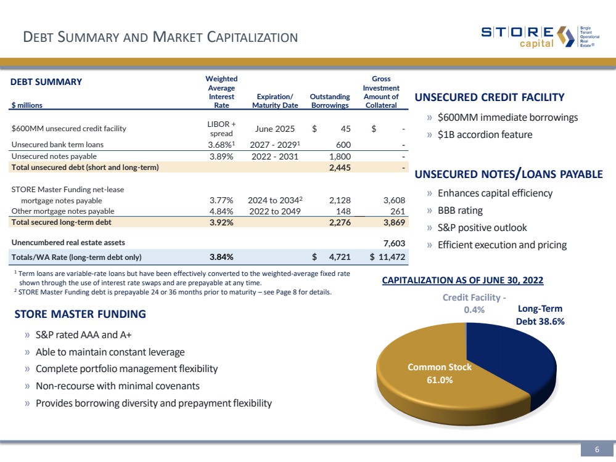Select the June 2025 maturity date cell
[274, 129]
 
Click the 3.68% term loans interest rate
[221, 145]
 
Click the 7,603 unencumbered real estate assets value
[394, 243]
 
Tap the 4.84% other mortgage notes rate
[221, 211]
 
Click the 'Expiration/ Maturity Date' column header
[275, 100]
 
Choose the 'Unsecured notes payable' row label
[50, 156]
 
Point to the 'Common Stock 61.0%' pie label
[440, 373]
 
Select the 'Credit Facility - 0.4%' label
[474, 303]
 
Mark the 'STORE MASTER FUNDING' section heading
[80, 314]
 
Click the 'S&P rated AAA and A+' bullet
[83, 336]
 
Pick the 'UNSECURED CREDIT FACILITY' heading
[490, 97]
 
